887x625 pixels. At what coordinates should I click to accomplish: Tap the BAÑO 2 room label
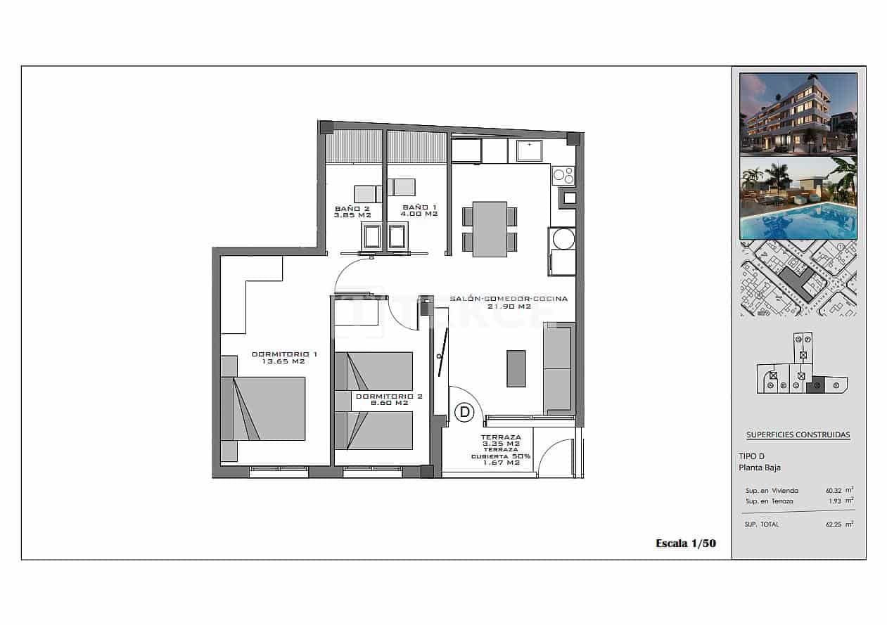pos(352,208)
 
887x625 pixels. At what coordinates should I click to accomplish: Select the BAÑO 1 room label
pos(420,207)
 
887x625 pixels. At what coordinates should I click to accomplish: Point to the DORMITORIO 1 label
pos(284,354)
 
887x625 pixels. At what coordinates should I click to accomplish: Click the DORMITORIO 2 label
pos(389,397)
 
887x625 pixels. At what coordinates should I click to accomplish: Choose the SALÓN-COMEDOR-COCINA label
pos(509,299)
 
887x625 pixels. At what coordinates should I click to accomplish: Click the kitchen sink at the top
pos(528,150)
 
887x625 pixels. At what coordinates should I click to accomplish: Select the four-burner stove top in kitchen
pos(563,175)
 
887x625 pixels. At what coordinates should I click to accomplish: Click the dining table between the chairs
pos(490,229)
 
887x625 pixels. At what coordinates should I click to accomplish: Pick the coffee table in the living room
pos(516,368)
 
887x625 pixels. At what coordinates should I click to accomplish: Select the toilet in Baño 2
pos(371,236)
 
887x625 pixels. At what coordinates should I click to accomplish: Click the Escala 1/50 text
pos(685,543)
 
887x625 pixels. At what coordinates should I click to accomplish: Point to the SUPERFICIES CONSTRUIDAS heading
pos(798,434)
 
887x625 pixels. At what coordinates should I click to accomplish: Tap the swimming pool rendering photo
pos(798,198)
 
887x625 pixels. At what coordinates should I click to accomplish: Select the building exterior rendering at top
pos(798,114)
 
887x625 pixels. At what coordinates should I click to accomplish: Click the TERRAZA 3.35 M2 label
pos(502,440)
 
